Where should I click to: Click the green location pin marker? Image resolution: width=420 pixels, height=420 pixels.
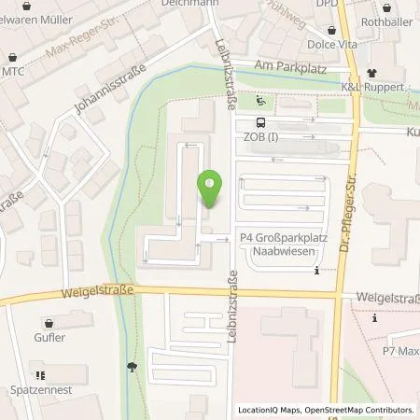tap(211, 189)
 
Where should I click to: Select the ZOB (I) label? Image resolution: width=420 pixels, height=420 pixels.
tap(260, 137)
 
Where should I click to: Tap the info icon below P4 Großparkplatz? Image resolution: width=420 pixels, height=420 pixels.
tap(318, 272)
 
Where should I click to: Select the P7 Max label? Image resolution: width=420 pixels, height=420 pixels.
tap(397, 352)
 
